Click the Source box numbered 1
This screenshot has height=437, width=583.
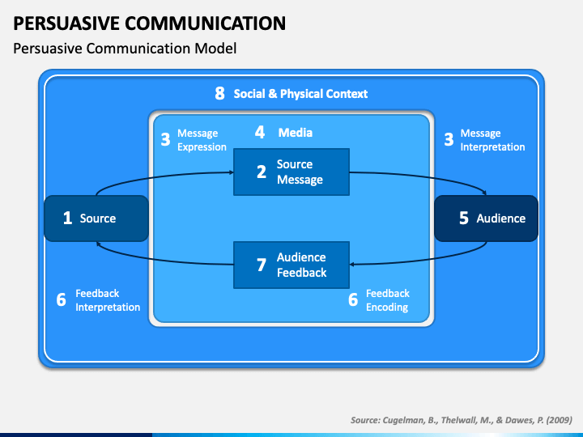[x=96, y=218]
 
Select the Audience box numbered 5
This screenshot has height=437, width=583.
[x=487, y=218]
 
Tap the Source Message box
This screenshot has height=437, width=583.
[x=291, y=172]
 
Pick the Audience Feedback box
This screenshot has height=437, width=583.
[x=291, y=265]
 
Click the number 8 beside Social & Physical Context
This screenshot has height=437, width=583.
[x=219, y=94]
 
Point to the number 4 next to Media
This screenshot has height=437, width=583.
[x=260, y=132]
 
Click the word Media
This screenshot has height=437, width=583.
[x=296, y=133]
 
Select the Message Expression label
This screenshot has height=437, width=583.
[x=202, y=140]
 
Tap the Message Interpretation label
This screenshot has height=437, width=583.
[x=492, y=140]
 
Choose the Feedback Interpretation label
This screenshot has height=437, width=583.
[x=108, y=300]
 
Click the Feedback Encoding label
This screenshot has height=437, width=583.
[x=387, y=300]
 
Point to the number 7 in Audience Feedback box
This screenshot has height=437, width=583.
[x=262, y=265]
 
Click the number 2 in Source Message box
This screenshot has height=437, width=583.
[x=262, y=172]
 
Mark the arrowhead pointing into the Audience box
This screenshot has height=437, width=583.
[x=484, y=193]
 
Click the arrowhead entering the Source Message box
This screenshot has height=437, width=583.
[x=232, y=172]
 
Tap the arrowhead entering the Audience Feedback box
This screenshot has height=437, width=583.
[x=351, y=264]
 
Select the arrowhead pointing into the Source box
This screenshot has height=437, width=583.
[x=98, y=244]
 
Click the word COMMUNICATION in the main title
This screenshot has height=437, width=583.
[x=205, y=23]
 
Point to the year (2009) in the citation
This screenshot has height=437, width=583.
[x=560, y=420]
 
